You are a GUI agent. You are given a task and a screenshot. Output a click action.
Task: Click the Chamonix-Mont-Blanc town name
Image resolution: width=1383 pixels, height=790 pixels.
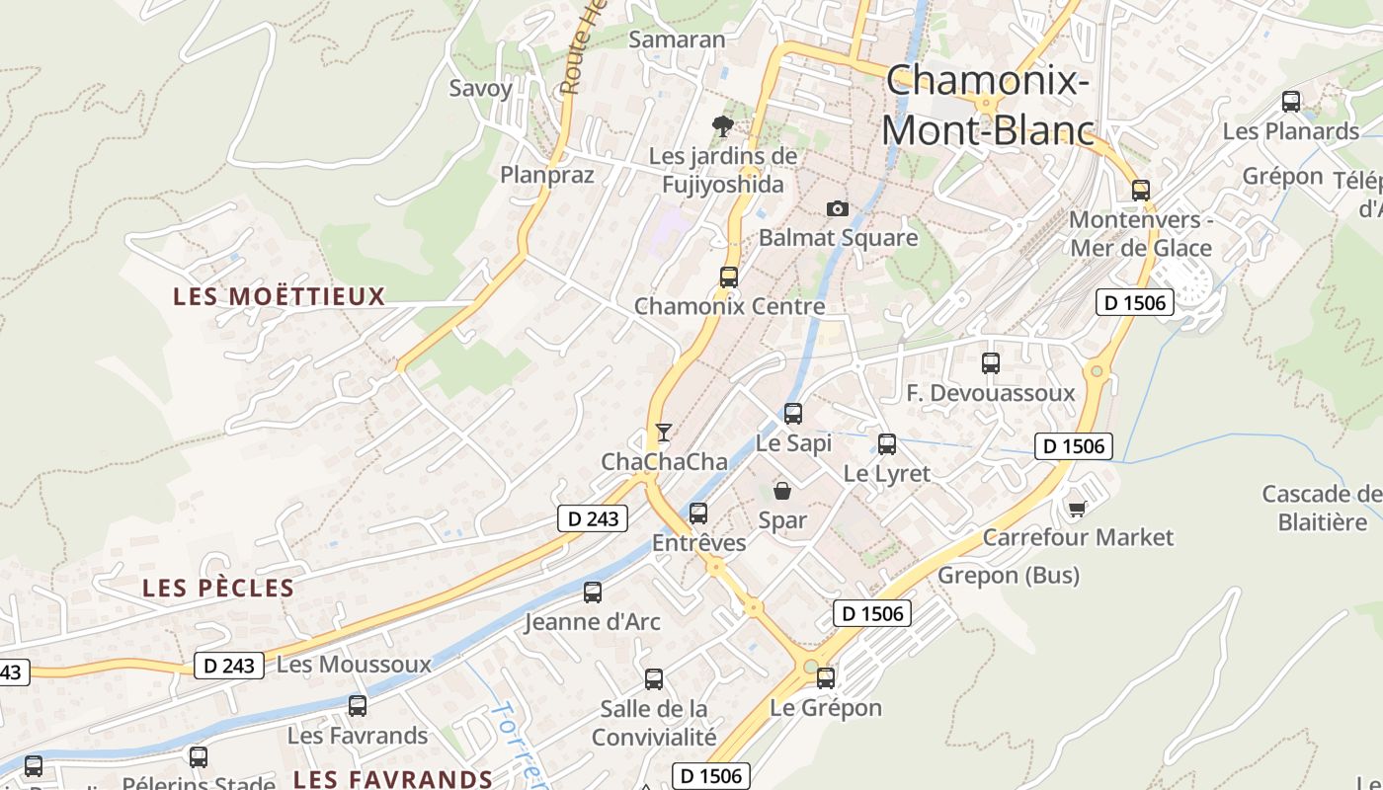click(x=988, y=105)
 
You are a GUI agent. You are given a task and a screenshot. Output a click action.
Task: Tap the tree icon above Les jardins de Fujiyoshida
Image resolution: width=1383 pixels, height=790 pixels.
click(x=723, y=125)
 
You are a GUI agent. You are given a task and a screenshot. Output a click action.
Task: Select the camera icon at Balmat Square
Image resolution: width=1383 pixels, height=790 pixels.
click(x=838, y=208)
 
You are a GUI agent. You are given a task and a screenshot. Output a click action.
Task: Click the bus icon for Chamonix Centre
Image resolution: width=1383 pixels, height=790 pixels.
click(x=729, y=277)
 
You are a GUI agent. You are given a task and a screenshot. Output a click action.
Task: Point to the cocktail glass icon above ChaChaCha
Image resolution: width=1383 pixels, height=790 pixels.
click(x=664, y=433)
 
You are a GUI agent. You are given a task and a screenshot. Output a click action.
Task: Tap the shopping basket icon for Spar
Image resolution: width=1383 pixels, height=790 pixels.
click(x=782, y=490)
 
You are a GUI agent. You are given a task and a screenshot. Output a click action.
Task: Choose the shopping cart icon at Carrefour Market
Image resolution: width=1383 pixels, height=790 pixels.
click(x=1077, y=509)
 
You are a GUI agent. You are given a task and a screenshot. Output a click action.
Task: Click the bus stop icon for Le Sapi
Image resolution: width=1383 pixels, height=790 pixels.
click(x=793, y=414)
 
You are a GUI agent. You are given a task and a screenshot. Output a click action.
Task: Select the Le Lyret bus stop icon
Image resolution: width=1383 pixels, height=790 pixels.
click(x=887, y=444)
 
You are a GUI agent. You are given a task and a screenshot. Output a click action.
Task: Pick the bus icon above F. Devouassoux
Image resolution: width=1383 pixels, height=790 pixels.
click(x=991, y=363)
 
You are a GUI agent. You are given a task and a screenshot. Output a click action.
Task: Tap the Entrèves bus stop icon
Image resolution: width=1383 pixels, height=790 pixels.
click(x=698, y=513)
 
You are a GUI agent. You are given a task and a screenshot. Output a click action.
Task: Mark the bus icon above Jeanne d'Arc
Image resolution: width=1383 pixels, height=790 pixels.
click(x=593, y=592)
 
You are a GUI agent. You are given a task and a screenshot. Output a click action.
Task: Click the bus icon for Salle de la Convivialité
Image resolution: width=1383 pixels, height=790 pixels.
click(x=654, y=679)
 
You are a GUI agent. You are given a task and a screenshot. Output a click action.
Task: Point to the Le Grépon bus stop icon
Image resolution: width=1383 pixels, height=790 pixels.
click(x=826, y=678)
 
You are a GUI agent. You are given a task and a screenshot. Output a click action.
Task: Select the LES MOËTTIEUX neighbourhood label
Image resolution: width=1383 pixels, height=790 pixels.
click(x=280, y=296)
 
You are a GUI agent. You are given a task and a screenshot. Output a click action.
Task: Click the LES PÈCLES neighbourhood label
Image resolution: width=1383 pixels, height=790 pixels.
click(x=218, y=588)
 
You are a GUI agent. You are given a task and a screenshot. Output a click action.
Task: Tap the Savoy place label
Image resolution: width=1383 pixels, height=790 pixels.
click(x=481, y=88)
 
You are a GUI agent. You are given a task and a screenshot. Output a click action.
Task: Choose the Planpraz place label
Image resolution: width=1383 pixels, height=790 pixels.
click(x=547, y=175)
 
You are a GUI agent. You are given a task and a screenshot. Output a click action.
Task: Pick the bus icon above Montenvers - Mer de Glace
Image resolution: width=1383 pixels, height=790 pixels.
click(x=1141, y=191)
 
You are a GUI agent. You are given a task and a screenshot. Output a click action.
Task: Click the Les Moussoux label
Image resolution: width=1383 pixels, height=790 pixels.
click(x=354, y=665)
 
